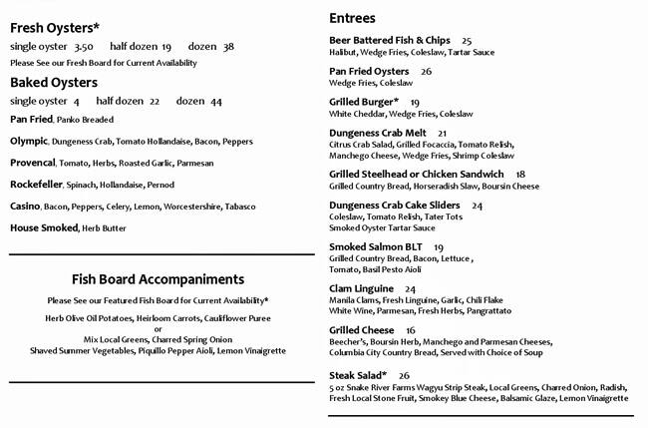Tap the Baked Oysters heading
click(54, 82)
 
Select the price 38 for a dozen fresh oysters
click(228, 47)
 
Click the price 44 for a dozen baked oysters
click(216, 102)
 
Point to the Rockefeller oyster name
click(38, 184)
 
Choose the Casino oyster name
click(25, 206)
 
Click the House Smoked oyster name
click(43, 227)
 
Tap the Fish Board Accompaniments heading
click(158, 279)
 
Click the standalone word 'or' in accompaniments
click(158, 328)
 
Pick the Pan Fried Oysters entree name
click(369, 72)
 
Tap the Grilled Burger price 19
click(415, 103)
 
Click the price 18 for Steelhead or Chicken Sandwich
click(520, 175)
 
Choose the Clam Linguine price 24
click(411, 289)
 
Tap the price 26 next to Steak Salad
click(403, 374)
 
